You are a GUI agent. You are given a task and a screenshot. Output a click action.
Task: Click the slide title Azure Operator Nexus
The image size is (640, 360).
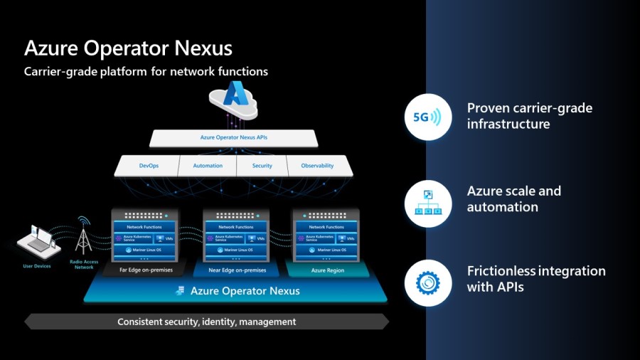point(128,48)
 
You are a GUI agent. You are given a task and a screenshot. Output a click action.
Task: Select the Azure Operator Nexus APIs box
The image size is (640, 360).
point(234,137)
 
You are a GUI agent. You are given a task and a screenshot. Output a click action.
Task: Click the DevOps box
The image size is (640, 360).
point(148,166)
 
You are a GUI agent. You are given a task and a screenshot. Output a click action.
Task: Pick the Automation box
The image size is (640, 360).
point(208,166)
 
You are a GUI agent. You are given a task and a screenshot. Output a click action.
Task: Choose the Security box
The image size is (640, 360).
point(262,166)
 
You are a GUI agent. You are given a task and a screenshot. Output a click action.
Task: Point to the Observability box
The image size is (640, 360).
point(317,166)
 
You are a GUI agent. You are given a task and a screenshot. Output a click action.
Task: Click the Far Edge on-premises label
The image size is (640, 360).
point(143,270)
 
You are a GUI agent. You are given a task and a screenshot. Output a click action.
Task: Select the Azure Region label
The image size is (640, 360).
point(327,270)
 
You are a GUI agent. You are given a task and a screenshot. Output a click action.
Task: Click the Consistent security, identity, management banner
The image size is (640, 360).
point(206,322)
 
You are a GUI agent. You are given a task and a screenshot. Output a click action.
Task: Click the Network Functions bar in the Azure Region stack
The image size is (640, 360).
point(327,227)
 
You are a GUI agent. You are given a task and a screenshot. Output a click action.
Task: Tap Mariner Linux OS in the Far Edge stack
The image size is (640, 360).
point(144,250)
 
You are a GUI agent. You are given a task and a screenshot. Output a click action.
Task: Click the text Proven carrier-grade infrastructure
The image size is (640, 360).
point(529,116)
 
